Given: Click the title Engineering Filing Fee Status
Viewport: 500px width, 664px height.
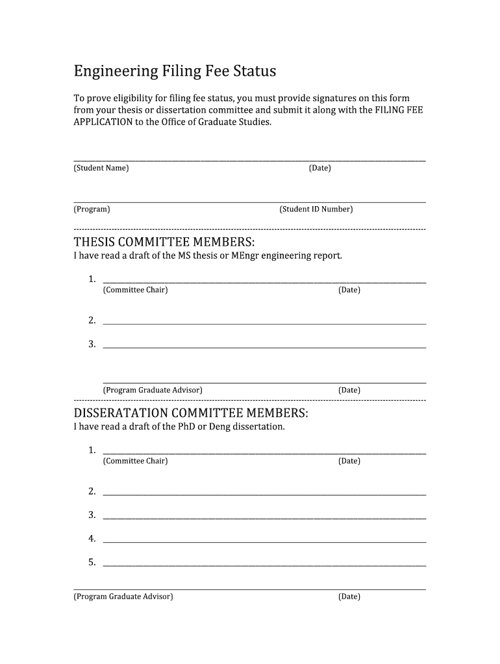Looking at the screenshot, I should tap(175, 70).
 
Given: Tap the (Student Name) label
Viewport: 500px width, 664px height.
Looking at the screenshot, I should tap(101, 168).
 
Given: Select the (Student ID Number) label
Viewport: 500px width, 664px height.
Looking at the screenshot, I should tap(316, 209).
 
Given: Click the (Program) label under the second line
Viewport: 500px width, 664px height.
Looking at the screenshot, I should tap(92, 209).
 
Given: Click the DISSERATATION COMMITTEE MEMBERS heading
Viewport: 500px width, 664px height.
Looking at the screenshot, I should tap(191, 413).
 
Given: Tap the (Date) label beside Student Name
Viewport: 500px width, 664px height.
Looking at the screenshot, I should tap(320, 168).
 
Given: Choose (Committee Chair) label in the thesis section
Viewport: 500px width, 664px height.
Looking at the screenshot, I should tap(135, 290).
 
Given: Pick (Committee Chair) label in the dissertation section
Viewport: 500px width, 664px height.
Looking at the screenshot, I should tap(135, 461).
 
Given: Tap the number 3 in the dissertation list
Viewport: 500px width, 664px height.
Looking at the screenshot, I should tap(92, 515).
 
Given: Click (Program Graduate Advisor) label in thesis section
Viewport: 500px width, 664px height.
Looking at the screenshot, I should tap(153, 390).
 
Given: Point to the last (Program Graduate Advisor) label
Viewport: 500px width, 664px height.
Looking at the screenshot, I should tap(123, 597).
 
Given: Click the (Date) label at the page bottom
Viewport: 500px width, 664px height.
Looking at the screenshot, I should tap(349, 597).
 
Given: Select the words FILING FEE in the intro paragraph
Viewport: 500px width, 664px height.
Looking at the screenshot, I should tap(399, 110).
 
